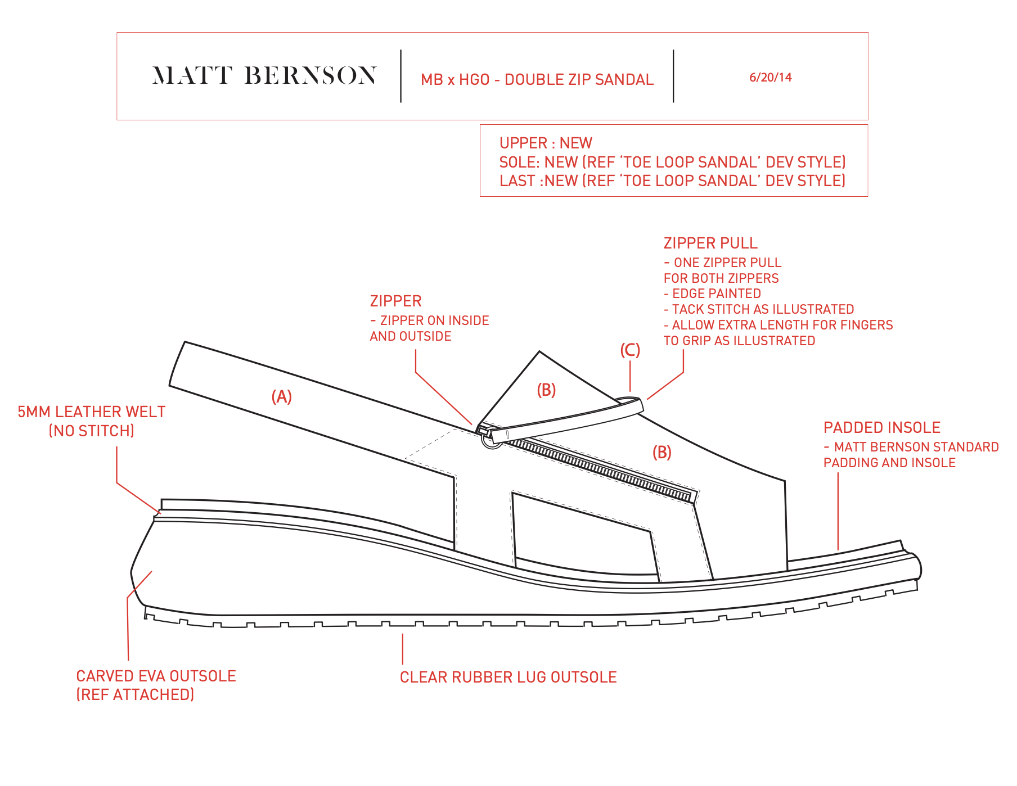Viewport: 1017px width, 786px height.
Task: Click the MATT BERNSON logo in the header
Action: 264,76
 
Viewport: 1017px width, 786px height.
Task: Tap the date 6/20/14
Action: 770,78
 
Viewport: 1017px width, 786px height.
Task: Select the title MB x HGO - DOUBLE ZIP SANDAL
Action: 537,80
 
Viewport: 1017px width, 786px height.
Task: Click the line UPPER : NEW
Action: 546,143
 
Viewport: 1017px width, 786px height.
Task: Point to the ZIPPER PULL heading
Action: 710,243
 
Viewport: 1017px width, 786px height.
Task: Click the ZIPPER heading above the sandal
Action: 395,301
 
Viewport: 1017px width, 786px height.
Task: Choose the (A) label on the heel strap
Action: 281,397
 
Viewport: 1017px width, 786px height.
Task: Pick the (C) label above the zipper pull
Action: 630,350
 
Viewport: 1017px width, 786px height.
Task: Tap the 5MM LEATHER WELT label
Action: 92,412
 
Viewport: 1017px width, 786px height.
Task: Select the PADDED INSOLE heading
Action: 881,428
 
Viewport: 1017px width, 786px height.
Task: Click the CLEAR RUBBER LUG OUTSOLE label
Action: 508,677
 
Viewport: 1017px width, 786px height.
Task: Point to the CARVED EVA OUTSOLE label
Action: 156,676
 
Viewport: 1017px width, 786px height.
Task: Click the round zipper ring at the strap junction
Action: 492,440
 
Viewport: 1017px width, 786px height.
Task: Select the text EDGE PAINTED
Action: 716,293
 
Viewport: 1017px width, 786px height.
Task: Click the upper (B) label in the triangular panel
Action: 546,390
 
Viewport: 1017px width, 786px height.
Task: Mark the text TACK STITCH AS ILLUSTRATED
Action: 762,309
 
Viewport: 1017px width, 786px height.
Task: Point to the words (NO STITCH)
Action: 92,431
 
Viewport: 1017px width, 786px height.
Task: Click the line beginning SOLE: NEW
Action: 672,162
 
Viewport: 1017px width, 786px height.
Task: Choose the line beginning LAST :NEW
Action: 672,181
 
